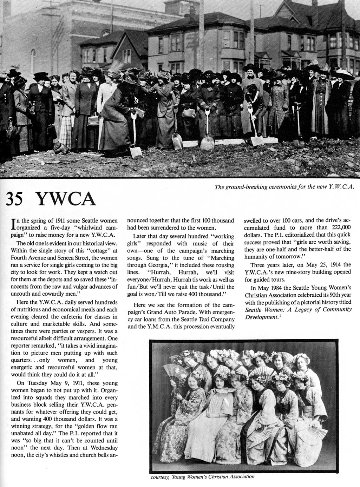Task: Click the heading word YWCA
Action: [66, 199]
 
